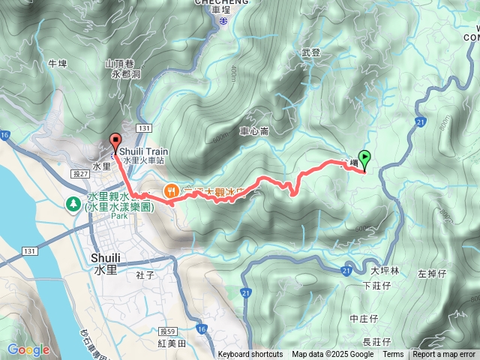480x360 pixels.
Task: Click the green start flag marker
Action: [x=364, y=157]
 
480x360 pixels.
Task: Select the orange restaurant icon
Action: [x=171, y=191]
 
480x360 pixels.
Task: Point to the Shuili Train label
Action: [x=142, y=151]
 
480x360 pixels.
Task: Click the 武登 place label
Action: [x=310, y=52]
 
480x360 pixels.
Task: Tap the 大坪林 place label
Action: [x=384, y=271]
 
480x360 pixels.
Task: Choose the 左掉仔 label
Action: [x=432, y=274]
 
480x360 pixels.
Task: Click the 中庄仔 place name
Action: [x=365, y=319]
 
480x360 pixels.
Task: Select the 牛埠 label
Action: [x=58, y=64]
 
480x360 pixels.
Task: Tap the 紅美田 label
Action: [x=172, y=343]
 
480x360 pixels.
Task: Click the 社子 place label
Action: [x=145, y=275]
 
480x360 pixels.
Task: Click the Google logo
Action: [x=28, y=349]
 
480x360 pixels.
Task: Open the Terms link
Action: [x=393, y=355]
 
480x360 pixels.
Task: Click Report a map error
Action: [x=444, y=355]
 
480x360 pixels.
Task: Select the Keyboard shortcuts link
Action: [x=250, y=355]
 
